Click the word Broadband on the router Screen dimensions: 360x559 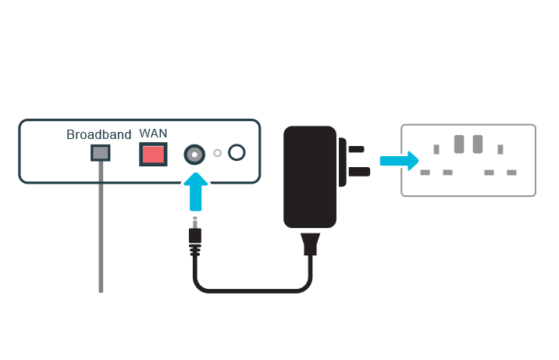pos(98,134)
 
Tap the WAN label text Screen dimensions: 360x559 pos(153,133)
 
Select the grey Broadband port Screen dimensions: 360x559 pos(100,153)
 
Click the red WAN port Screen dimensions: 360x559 pos(153,153)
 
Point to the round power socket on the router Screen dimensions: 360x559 pos(194,154)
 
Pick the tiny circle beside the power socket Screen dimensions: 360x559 pos(217,154)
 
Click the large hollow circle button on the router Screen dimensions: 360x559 pos(237,153)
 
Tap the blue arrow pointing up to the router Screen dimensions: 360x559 pos(194,193)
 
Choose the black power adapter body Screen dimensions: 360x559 pos(310,179)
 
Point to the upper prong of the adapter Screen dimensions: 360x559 pos(355,148)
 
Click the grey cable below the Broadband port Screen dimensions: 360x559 pos(101,234)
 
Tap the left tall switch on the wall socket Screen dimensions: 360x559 pos(459,144)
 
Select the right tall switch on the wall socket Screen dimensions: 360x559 pos(478,144)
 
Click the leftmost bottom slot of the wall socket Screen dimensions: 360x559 pos(425,172)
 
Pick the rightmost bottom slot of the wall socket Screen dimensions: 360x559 pos(511,172)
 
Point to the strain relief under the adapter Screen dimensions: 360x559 pos(311,243)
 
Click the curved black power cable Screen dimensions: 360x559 pos(250,290)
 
